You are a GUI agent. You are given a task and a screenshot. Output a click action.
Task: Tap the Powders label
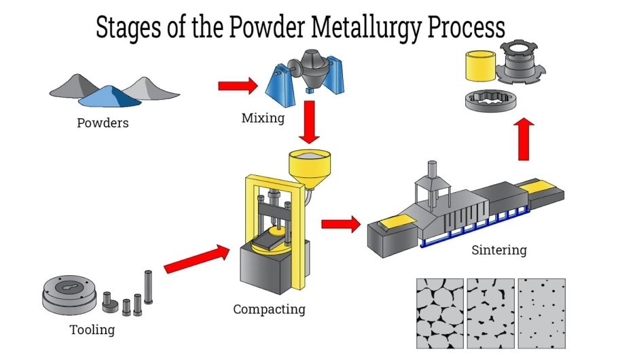103,124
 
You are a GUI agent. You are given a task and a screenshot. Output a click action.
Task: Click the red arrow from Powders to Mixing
238,86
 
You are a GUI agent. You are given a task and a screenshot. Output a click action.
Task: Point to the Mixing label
263,118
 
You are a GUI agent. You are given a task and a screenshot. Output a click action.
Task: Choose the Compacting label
269,310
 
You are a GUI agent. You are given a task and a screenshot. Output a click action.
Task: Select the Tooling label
92,331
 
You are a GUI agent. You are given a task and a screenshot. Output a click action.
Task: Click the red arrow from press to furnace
340,224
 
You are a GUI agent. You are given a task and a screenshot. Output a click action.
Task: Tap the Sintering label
498,250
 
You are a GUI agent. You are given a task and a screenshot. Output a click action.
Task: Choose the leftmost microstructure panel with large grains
439,312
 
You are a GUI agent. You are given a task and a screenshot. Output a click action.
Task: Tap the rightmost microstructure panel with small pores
541,312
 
